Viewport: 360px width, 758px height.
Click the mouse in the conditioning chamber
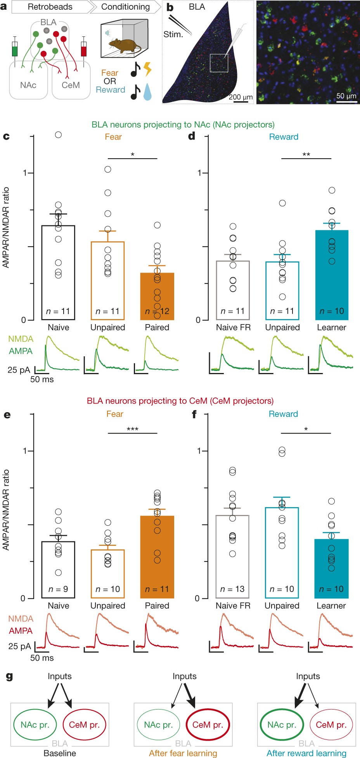124,45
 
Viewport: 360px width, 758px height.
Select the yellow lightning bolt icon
147,69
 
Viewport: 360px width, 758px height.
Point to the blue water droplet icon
147,92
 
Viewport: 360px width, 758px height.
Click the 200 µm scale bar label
241,97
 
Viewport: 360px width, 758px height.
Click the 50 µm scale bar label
346,96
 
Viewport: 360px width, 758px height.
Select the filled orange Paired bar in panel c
157,296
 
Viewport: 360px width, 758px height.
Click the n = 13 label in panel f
232,589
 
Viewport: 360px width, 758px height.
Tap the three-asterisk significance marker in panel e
133,429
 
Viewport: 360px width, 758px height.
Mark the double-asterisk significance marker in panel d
306,155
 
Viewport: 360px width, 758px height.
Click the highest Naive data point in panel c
58,135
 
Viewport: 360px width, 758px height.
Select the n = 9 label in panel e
58,589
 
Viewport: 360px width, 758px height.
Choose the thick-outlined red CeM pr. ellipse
208,725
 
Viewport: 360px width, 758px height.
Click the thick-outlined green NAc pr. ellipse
282,725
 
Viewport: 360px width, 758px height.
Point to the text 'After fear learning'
183,753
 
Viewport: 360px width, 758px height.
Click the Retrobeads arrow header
50,7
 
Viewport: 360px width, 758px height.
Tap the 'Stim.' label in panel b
173,35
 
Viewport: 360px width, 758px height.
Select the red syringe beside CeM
83,49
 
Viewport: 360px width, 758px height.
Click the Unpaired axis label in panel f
282,605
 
